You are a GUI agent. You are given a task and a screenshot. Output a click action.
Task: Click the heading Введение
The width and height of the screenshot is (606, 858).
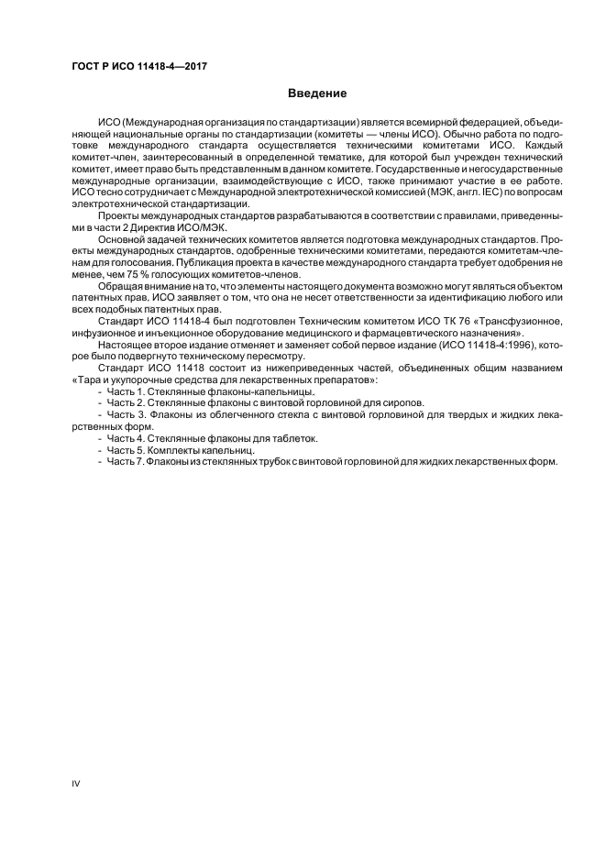pyautogui.click(x=316, y=93)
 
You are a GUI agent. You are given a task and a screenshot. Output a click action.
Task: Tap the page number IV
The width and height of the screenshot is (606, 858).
pyautogui.click(x=77, y=783)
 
